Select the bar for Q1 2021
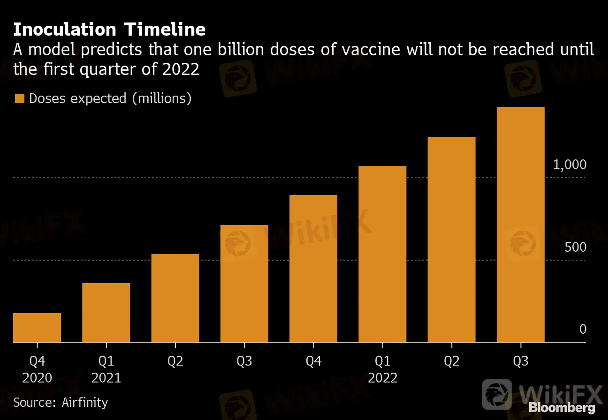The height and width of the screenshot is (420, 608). tap(106, 313)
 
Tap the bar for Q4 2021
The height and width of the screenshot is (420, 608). tap(313, 268)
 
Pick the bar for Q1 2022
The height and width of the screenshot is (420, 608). tap(382, 254)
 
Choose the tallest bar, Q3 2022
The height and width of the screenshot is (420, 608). tap(520, 225)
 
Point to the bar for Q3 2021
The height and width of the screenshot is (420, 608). tap(244, 283)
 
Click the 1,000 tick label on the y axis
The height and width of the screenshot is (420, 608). tap(570, 165)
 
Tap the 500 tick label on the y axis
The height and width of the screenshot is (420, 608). tap(575, 247)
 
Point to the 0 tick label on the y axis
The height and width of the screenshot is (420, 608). tap(583, 330)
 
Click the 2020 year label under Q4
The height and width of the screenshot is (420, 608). tap(37, 378)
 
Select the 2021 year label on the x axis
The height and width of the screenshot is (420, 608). tap(106, 378)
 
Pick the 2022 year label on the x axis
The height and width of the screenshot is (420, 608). tap(382, 378)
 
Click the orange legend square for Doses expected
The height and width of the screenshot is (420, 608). tap(19, 98)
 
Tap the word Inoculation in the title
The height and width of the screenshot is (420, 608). tap(64, 30)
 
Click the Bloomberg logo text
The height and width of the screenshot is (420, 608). tap(562, 408)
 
